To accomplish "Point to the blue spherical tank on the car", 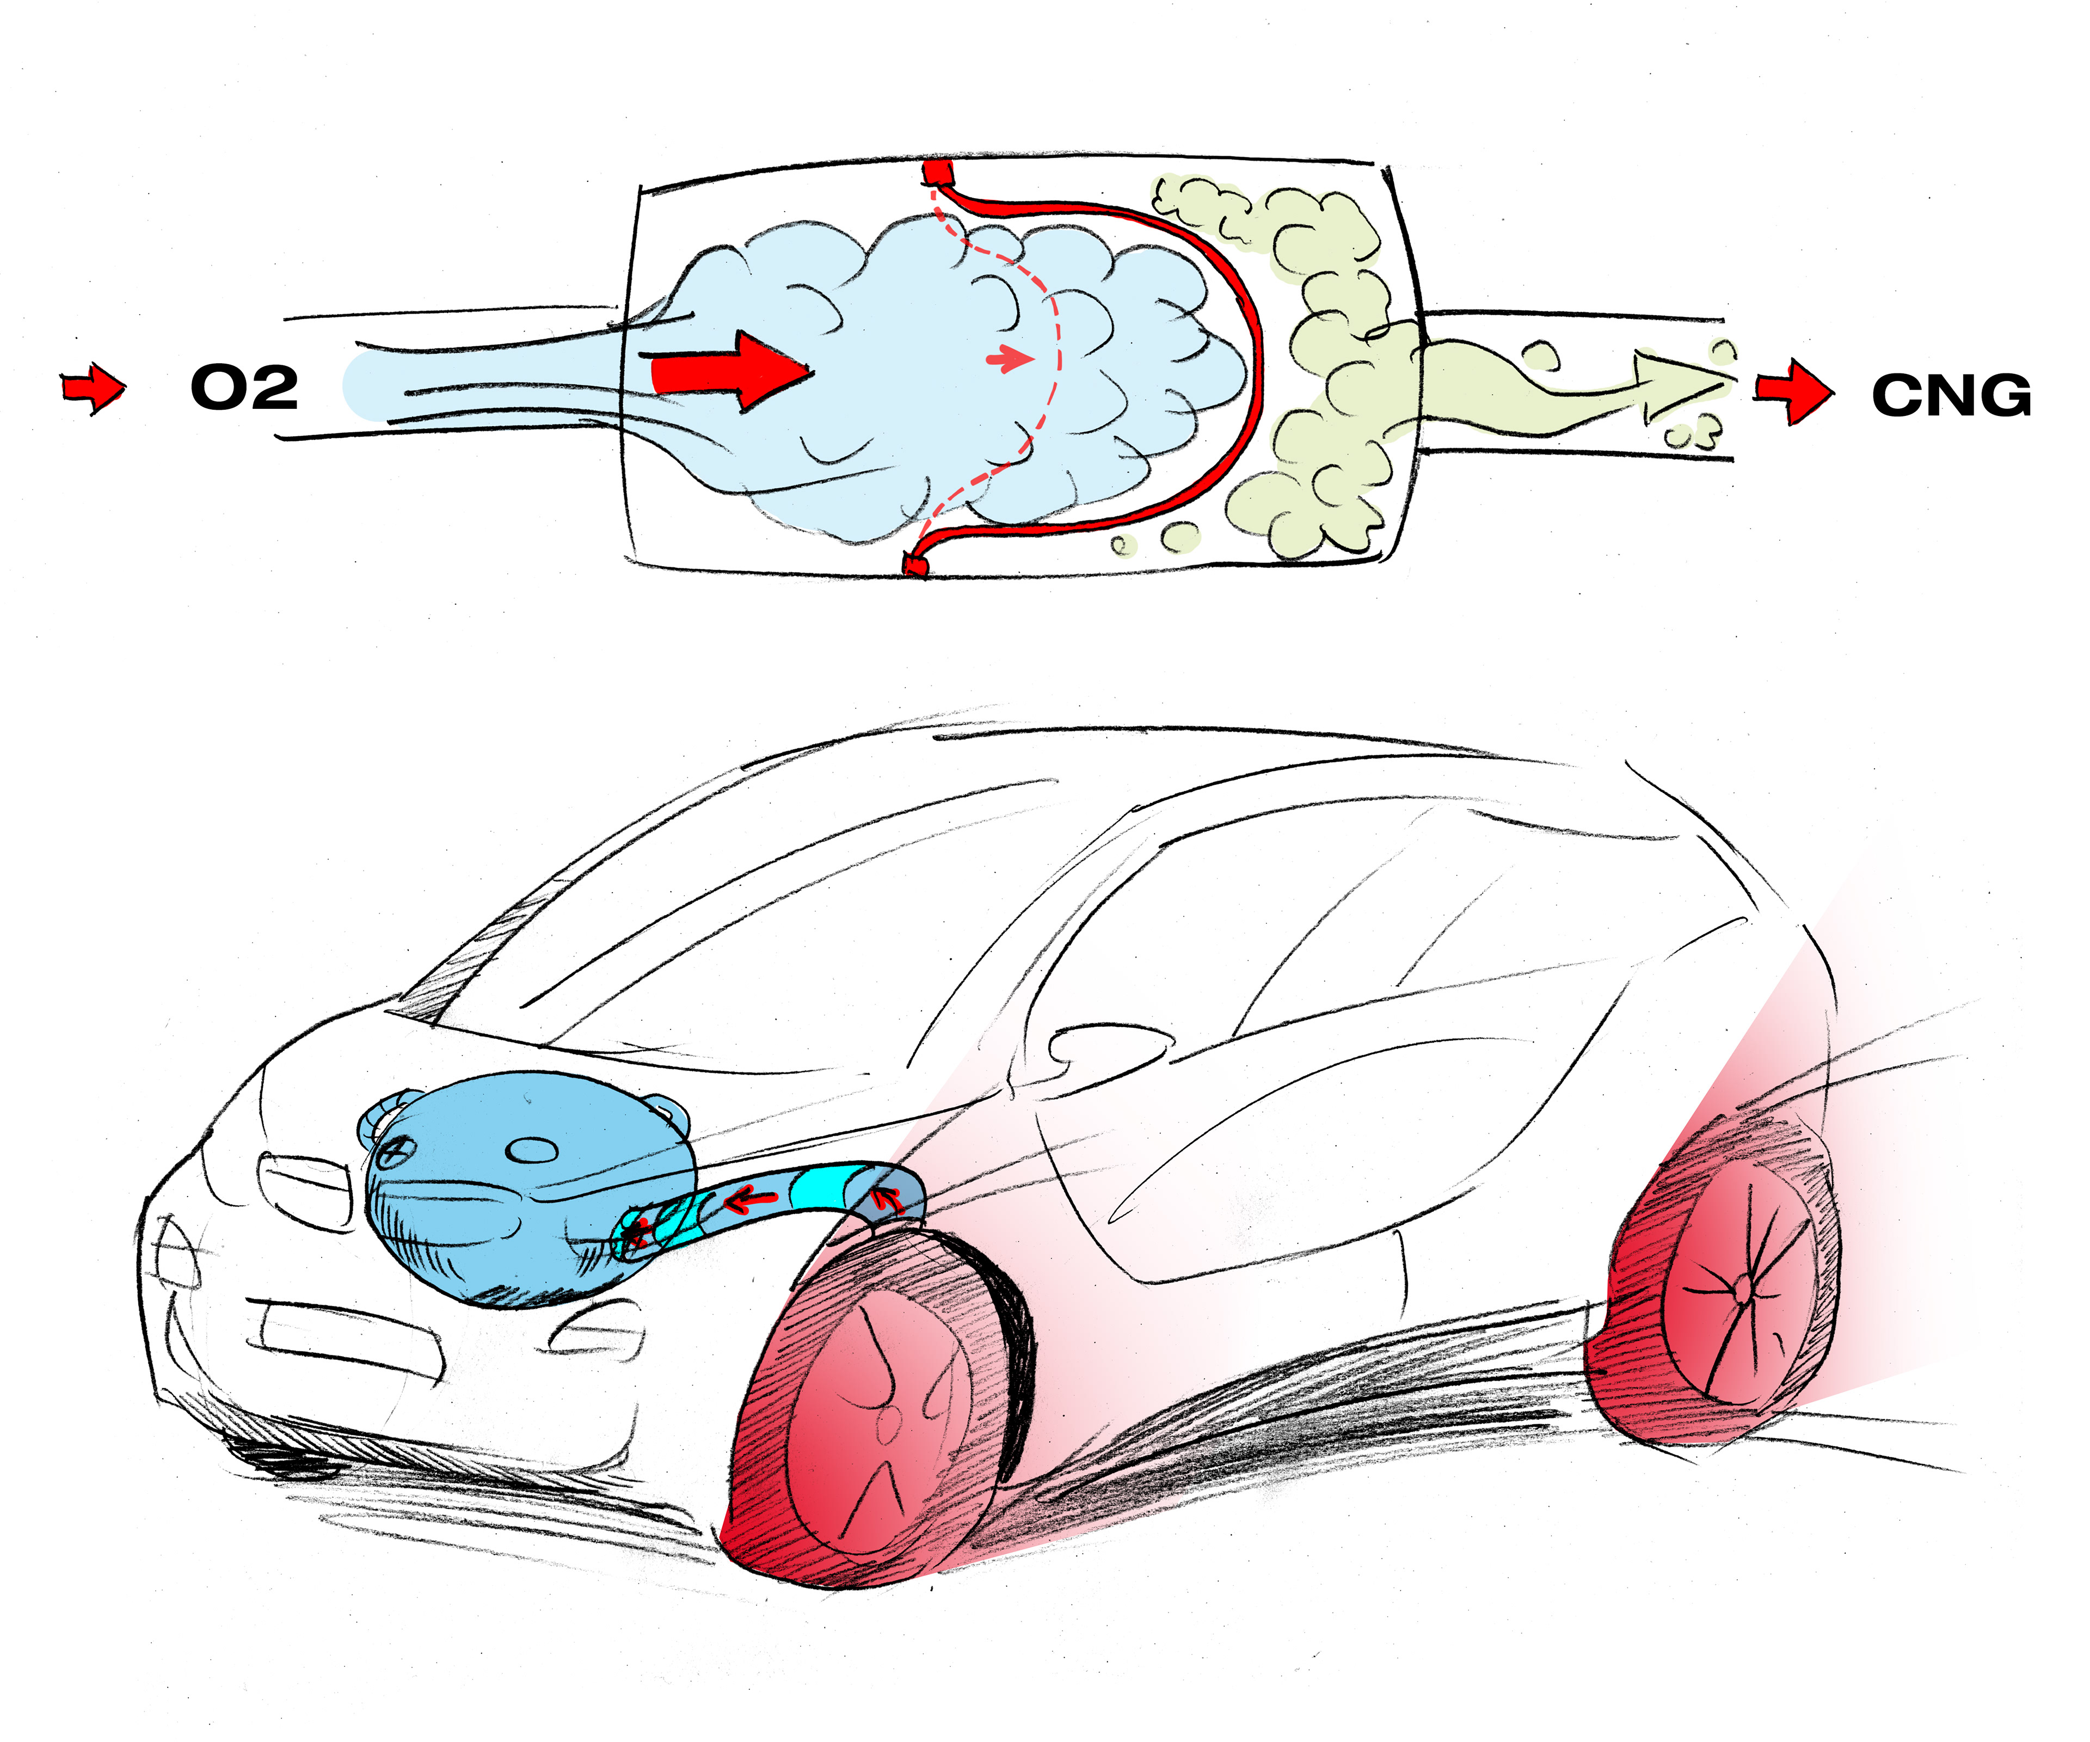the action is pos(527,1185).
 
